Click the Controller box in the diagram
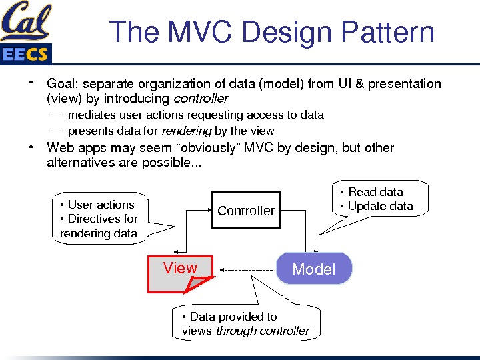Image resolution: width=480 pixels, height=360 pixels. tap(245, 211)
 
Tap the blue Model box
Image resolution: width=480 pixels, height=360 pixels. tap(313, 269)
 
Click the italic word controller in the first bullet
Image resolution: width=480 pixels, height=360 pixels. tap(201, 99)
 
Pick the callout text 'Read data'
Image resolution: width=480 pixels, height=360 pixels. tap(375, 192)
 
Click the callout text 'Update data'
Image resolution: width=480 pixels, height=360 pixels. tap(380, 206)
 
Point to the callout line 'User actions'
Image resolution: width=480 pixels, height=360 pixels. tap(101, 205)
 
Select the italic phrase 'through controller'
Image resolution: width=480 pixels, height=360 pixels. tap(263, 331)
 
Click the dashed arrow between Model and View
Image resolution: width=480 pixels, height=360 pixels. tap(247, 270)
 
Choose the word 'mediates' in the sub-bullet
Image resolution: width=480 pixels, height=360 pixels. tap(91, 115)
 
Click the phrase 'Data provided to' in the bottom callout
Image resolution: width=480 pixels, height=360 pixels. tap(233, 317)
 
